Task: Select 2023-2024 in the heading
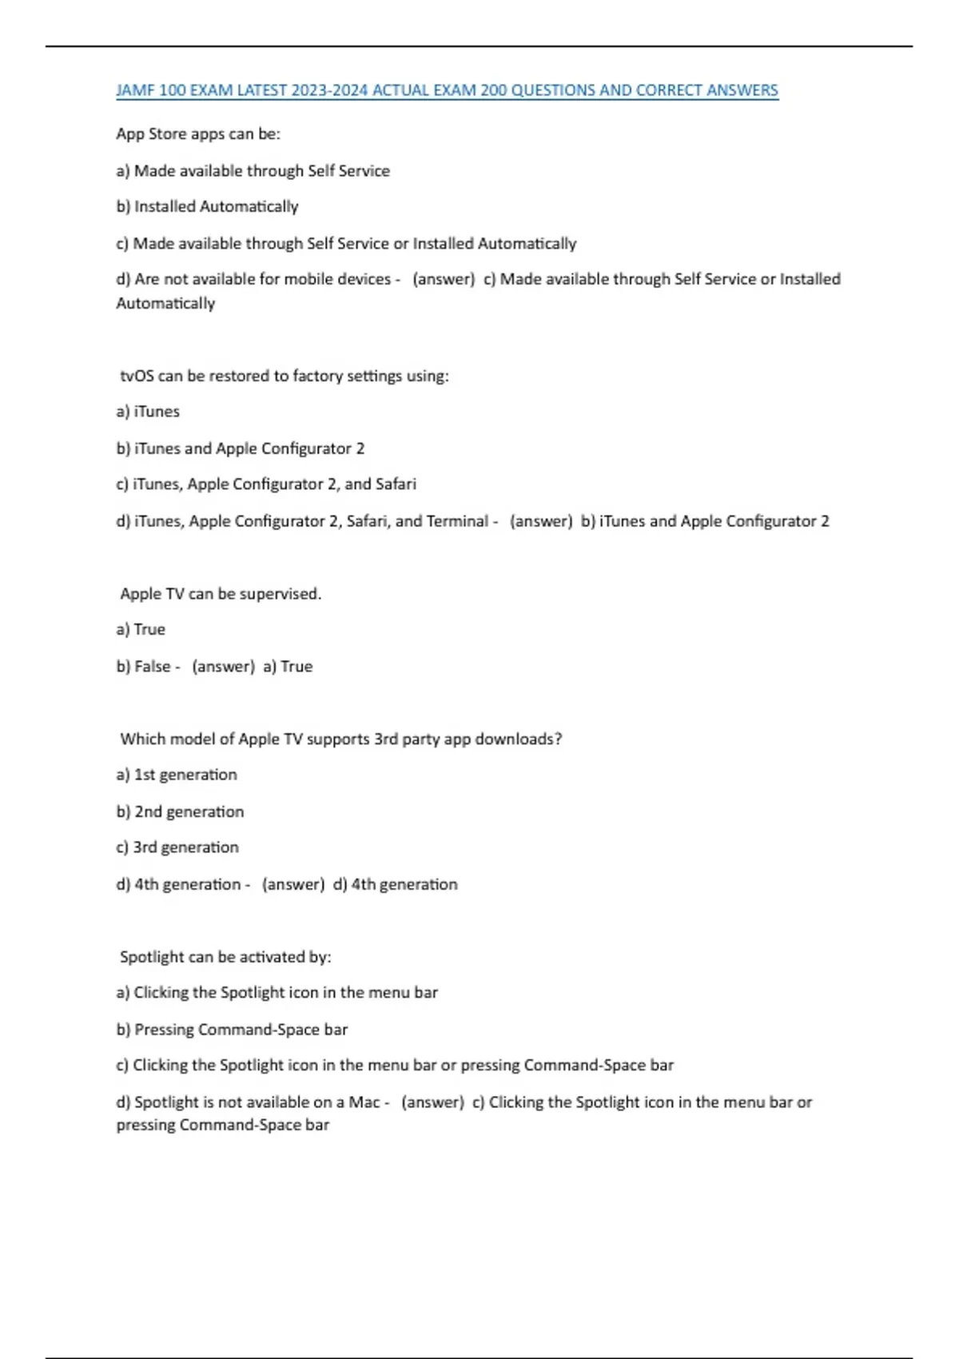[x=329, y=90]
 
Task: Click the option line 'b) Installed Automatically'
[x=207, y=206]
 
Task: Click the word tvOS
[x=137, y=376]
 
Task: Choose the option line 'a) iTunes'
[x=148, y=412]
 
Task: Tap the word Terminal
[x=456, y=521]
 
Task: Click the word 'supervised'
[x=280, y=594]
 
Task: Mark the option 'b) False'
[x=144, y=667]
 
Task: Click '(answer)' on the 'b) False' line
[x=223, y=667]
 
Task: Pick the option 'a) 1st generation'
[x=177, y=775]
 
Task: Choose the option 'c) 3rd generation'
[x=177, y=847]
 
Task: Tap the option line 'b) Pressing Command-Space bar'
[x=232, y=1030]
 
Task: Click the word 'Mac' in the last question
[x=364, y=1102]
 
